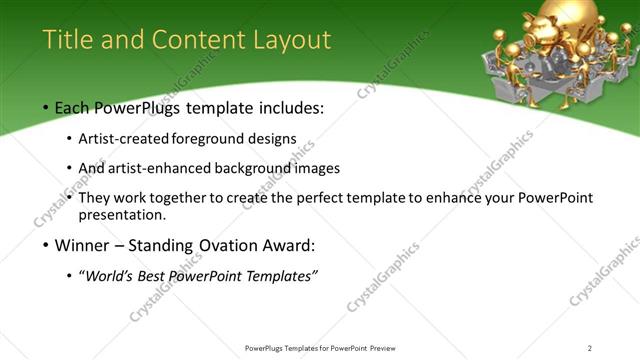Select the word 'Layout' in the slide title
pyautogui.click(x=290, y=40)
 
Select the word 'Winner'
pyautogui.click(x=82, y=246)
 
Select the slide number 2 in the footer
pyautogui.click(x=589, y=348)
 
